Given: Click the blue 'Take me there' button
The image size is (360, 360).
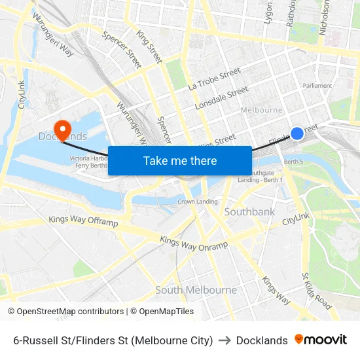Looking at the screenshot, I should coord(180,160).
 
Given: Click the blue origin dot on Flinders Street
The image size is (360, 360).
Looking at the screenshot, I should coord(297,134).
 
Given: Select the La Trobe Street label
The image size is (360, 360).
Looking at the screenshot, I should coord(214,81).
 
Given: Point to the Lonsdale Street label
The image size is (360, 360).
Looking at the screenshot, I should coord(222,98).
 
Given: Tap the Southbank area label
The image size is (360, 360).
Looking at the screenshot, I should coord(249,212).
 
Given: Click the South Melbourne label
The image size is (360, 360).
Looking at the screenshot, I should coord(196,290).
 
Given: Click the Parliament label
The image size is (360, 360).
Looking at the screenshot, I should coord(317,86).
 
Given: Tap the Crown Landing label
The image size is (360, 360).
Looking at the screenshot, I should coord(198,202).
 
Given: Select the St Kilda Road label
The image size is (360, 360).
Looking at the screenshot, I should coord(316,290).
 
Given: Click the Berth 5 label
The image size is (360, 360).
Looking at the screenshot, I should coord(294,161).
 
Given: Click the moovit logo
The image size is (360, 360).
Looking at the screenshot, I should coord(320,340).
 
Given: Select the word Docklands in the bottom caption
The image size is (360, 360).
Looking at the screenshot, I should coord(262,340).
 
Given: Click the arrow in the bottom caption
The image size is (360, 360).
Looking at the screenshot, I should coord(225,340).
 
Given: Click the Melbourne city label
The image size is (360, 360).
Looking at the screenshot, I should coord(262,110).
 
